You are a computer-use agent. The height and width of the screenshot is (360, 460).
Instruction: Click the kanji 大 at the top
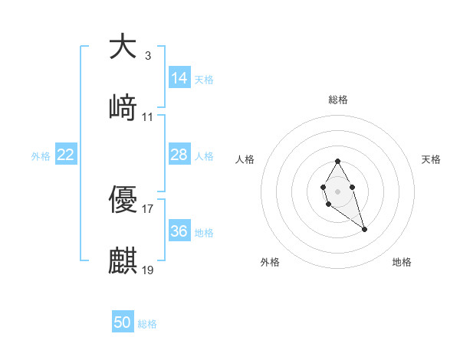[123, 47]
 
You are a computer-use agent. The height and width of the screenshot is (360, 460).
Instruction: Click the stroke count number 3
[147, 55]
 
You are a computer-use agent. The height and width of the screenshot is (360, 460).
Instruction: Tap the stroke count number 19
[147, 270]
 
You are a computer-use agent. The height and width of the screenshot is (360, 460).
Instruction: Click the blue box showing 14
[179, 78]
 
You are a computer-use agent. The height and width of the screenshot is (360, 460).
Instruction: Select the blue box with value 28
[179, 155]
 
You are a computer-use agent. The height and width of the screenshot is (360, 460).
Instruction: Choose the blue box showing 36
[179, 231]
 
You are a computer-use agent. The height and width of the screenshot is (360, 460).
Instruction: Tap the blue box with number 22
[66, 155]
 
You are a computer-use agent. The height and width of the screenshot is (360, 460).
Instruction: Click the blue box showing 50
[123, 323]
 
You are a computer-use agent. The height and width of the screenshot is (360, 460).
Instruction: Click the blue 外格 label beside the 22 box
[41, 156]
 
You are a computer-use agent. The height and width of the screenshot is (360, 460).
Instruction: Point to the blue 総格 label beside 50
[147, 324]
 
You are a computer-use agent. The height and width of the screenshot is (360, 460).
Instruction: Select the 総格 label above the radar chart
[338, 100]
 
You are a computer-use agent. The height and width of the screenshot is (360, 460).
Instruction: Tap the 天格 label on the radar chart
[431, 159]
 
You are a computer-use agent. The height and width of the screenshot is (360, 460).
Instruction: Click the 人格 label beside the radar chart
[245, 159]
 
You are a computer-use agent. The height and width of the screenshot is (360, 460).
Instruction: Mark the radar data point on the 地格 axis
[364, 229]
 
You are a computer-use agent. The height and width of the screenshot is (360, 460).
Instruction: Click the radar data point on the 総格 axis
[337, 161]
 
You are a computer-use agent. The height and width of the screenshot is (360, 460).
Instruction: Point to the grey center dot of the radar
[337, 190]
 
